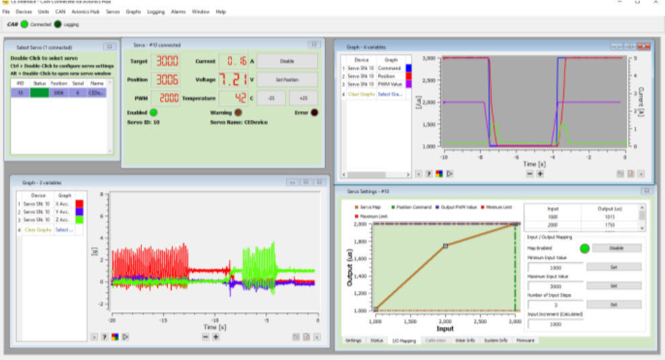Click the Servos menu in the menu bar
coord(112,12)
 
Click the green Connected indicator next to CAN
coord(25,24)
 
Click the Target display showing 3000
coord(167,61)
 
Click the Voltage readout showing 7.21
coord(231,79)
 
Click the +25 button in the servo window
coord(303,98)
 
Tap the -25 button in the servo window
coord(272,98)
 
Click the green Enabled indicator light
coord(153,112)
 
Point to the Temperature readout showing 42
coord(235,98)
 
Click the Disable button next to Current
coord(287,61)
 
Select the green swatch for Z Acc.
coord(79,220)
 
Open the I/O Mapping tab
coord(403,340)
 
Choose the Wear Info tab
coord(465,340)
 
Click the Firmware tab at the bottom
coord(525,340)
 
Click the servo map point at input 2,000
coord(445,246)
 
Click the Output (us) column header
coord(611,209)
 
